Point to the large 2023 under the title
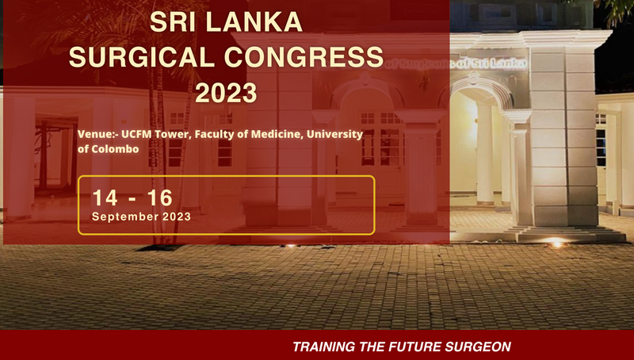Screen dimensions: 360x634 point(226,93)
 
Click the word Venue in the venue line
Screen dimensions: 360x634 point(97,135)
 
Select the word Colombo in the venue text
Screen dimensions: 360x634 point(114,148)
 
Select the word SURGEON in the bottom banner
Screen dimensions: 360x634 point(479,347)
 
